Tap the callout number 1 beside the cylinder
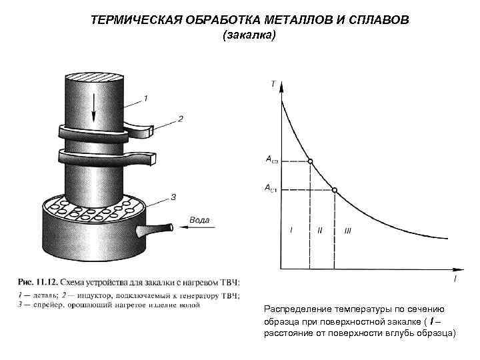coord(146,97)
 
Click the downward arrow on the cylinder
coord(94,107)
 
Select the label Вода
coord(201,219)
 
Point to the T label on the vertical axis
coord(273,84)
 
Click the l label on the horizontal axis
coord(455,279)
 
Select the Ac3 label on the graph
coord(272,161)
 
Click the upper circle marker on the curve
coord(310,161)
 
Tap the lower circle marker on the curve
coord(335,190)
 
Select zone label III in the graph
coord(347,231)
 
